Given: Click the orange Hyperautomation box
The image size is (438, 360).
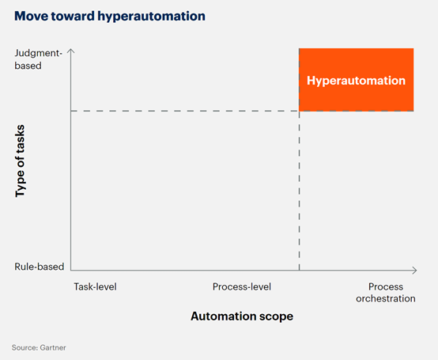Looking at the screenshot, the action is click(356, 80).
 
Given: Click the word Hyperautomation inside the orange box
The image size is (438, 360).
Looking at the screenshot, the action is click(356, 81).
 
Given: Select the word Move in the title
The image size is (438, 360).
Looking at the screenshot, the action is click(31, 16).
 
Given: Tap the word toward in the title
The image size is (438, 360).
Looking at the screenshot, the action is click(73, 16).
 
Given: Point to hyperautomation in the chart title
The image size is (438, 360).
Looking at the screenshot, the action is click(151, 17).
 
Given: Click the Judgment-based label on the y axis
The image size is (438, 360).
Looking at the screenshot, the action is click(38, 59).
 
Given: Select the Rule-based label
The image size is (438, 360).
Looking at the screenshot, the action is click(40, 267).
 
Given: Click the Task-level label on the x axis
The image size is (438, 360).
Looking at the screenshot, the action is click(95, 286).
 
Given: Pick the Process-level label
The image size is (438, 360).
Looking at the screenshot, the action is click(242, 286).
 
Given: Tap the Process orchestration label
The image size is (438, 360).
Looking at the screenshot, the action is click(386, 293).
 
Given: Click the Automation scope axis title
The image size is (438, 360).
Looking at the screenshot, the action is click(242, 316).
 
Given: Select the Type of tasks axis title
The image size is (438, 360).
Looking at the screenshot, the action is click(20, 161).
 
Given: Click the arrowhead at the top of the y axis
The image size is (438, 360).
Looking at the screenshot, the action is click(71, 51).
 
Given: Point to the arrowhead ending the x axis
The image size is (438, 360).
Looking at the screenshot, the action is click(415, 271).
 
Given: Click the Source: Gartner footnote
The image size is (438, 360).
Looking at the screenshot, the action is click(39, 347).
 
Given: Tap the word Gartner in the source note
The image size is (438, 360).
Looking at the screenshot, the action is click(53, 347).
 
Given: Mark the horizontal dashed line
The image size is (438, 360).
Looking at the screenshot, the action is click(185, 111).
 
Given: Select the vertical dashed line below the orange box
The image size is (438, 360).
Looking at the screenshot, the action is click(299, 191).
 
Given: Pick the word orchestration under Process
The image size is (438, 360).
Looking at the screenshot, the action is click(386, 298).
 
